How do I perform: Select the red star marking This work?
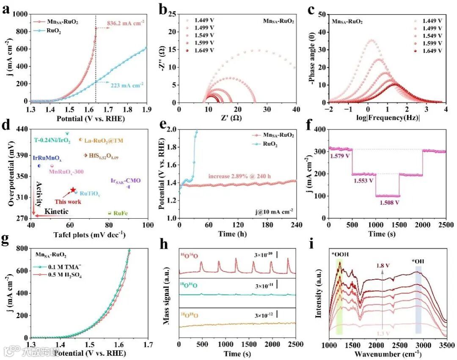tap(73, 190)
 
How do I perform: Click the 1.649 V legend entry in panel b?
tap(205, 50)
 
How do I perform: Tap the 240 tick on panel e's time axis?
tap(296, 224)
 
